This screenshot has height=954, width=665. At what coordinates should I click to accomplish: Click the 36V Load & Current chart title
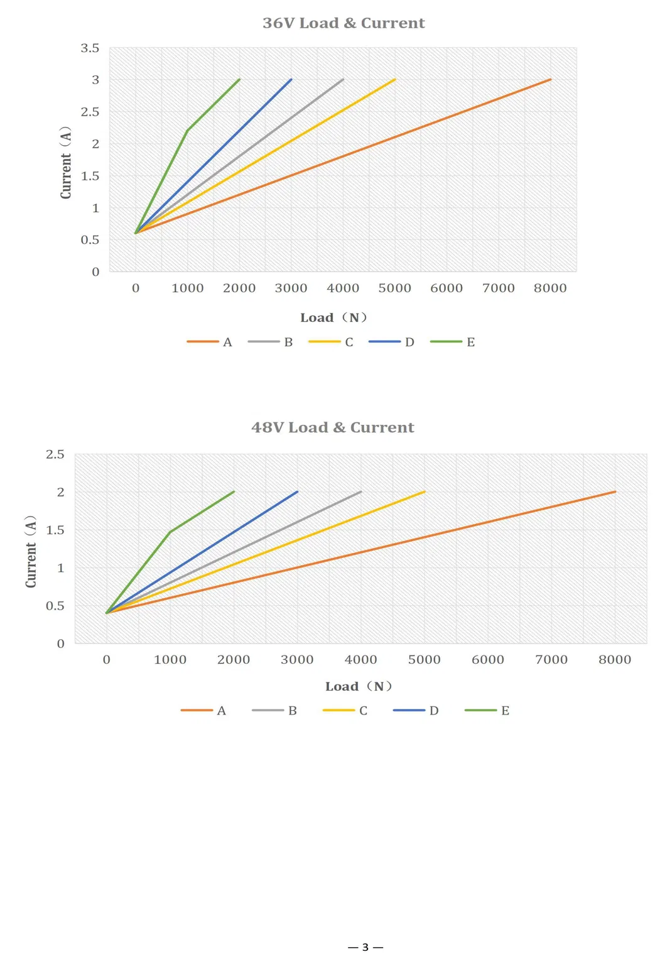coord(343,23)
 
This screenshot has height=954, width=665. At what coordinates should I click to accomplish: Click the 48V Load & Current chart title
coord(332,427)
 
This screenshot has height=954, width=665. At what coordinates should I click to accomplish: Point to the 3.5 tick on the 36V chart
coord(90,48)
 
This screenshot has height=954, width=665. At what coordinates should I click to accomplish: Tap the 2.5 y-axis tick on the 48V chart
coord(55,454)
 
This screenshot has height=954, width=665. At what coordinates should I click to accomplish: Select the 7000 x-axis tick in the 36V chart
coord(498,288)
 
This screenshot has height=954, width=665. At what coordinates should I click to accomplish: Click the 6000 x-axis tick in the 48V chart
coord(487,660)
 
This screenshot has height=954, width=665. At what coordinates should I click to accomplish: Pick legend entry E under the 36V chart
coord(452,342)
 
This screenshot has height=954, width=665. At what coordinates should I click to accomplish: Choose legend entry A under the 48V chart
coord(203,710)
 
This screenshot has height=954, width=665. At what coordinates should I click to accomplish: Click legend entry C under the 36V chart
coord(330,342)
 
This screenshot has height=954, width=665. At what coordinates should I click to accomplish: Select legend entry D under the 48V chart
coord(416,710)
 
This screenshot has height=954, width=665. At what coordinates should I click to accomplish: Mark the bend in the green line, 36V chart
coord(187,130)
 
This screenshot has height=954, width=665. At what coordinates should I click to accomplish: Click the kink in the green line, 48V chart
coord(170,532)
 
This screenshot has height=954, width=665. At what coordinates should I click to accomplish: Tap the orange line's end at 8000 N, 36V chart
coord(550,80)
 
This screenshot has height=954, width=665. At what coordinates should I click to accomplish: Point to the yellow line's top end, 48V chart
coord(424,492)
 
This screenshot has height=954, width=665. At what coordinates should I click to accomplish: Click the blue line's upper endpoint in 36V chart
coord(291,80)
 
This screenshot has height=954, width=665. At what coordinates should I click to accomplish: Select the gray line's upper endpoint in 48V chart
coord(361,492)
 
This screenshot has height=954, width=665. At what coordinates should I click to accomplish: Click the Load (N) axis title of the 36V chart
coord(333,318)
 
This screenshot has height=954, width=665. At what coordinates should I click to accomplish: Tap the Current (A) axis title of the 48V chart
coord(31,552)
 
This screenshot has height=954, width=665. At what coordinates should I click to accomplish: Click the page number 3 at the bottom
coord(365,947)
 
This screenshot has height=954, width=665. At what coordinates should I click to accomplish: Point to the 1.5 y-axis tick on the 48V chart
coord(55,530)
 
